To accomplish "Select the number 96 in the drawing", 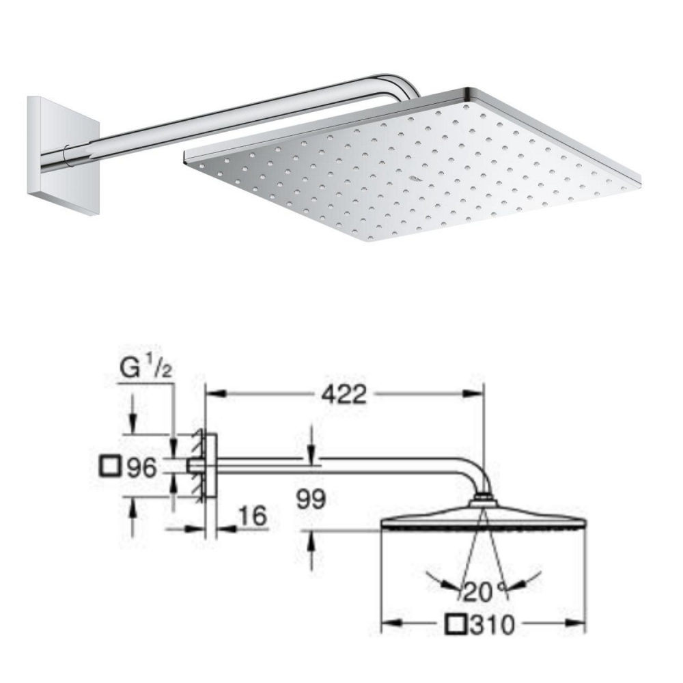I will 143,468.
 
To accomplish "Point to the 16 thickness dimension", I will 253,518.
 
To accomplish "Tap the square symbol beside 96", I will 110,468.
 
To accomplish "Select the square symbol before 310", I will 456,624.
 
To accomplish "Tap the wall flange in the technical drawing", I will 211,467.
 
